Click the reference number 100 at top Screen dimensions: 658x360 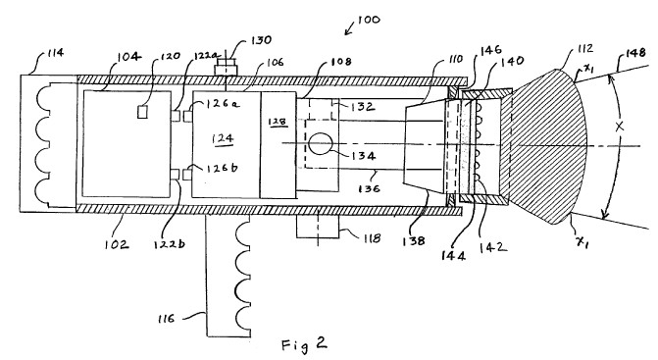[369, 20]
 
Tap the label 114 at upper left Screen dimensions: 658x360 [55, 53]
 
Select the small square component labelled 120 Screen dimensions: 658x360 [142, 112]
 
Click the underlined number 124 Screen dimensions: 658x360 [223, 138]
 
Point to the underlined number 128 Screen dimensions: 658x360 [278, 122]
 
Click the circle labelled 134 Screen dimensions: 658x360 [321, 144]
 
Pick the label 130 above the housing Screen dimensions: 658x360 [262, 40]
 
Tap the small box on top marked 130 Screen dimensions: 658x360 [226, 67]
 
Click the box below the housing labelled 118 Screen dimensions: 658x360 [318, 227]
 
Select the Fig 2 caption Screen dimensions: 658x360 [304, 344]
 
